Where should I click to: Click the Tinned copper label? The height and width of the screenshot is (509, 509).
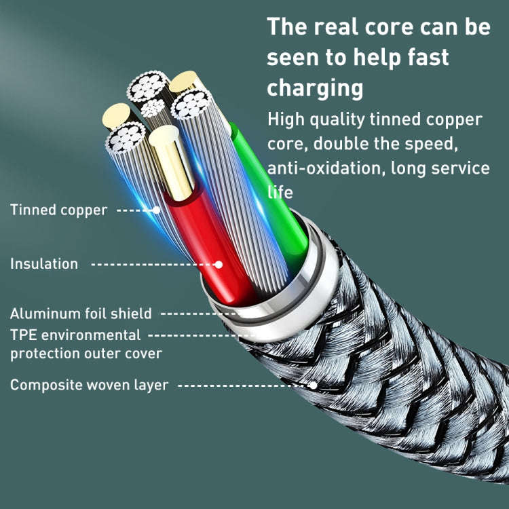pyautogui.click(x=58, y=210)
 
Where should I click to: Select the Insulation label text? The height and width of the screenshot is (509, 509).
pyautogui.click(x=44, y=264)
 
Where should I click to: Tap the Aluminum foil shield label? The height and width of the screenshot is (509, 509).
pyautogui.click(x=81, y=314)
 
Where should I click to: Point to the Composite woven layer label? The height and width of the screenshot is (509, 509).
pyautogui.click(x=89, y=385)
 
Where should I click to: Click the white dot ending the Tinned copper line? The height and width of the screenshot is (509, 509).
pyautogui.click(x=157, y=210)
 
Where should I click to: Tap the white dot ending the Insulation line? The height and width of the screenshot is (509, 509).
pyautogui.click(x=219, y=264)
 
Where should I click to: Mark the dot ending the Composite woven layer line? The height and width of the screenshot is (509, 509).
pyautogui.click(x=314, y=385)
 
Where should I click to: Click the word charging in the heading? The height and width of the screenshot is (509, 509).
pyautogui.click(x=315, y=88)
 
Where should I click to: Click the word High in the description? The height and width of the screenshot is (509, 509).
pyautogui.click(x=286, y=119)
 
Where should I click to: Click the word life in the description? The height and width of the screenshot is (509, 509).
pyautogui.click(x=280, y=192)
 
